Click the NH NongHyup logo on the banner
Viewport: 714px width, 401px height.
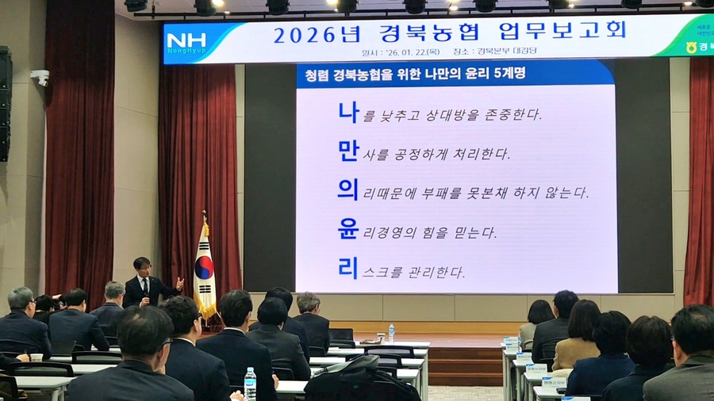click(186, 42)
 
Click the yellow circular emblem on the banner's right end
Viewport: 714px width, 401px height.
click(692, 48)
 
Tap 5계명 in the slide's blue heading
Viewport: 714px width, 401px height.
click(504, 74)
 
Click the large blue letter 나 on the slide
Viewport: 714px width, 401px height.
click(348, 112)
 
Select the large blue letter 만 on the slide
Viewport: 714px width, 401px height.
click(348, 151)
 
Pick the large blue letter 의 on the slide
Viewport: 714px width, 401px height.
click(348, 189)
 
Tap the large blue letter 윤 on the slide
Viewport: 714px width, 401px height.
click(348, 229)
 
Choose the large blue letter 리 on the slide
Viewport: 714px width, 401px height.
click(348, 268)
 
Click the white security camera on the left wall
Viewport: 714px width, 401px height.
click(40, 77)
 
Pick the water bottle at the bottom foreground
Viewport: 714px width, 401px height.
click(250, 384)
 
